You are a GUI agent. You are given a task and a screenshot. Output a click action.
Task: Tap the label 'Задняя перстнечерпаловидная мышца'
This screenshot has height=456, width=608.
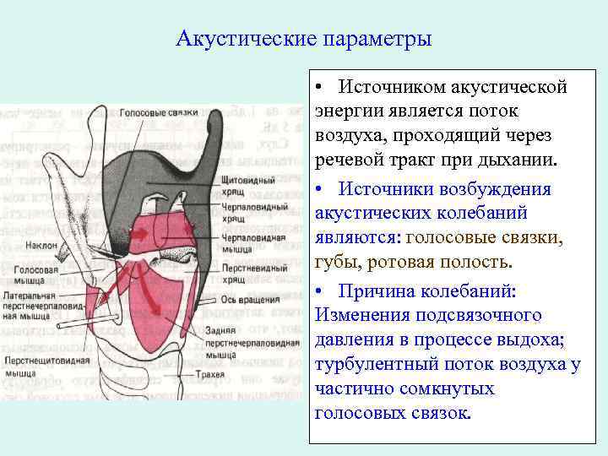(252, 338)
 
